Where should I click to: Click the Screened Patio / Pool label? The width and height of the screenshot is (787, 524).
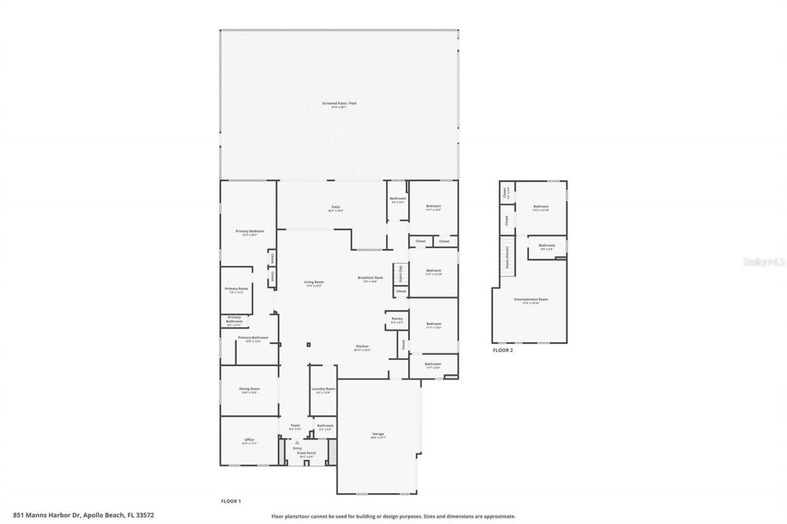[339, 103]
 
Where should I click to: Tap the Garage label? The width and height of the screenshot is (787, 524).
[378, 434]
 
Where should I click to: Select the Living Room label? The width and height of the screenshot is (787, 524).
[314, 283]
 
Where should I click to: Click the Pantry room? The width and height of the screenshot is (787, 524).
[397, 319]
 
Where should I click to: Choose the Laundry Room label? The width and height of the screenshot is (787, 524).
[323, 389]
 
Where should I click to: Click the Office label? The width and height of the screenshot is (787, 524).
[249, 440]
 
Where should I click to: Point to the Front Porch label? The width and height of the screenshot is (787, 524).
[306, 453]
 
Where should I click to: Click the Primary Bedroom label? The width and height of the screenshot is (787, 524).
[249, 232]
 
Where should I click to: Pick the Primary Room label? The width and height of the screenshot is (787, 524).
[236, 289]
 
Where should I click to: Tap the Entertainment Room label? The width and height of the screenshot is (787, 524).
[531, 300]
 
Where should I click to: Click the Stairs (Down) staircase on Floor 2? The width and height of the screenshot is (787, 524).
[507, 256]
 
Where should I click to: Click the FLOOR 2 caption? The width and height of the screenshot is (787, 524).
[502, 351]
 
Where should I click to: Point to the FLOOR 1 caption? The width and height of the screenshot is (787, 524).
[231, 501]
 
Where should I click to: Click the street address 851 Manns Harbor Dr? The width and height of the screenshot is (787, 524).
[83, 515]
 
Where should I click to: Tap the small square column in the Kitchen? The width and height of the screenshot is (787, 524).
[309, 345]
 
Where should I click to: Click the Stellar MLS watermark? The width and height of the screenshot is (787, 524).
[763, 262]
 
